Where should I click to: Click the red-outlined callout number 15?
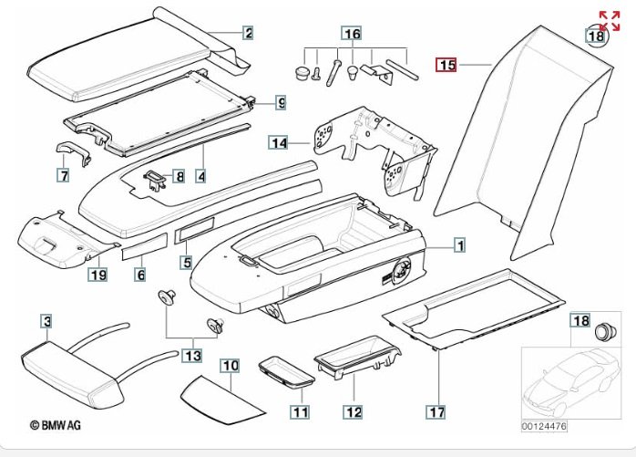click(446, 65)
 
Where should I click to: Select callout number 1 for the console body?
click(460, 245)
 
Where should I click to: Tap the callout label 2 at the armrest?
click(248, 34)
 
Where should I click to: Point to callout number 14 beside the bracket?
click(278, 143)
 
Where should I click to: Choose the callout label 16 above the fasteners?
click(352, 35)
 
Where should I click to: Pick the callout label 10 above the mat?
click(231, 366)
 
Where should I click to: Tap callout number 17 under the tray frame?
click(437, 411)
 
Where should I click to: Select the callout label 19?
click(98, 273)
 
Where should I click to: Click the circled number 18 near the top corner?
click(595, 36)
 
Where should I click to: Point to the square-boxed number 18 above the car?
click(580, 319)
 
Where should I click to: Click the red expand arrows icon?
click(609, 21)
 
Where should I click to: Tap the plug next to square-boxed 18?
click(602, 331)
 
